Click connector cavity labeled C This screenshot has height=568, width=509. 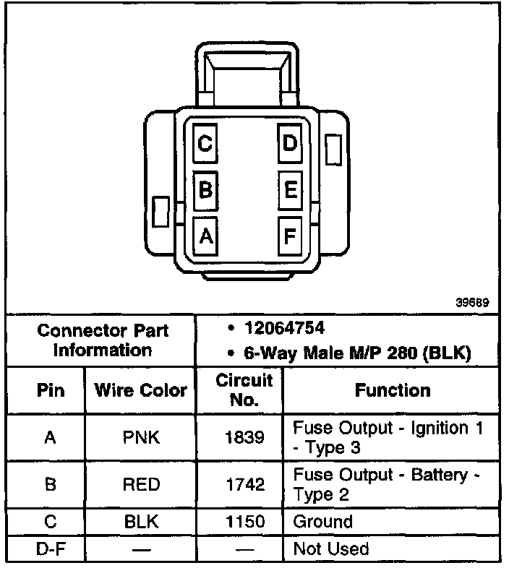coord(206,144)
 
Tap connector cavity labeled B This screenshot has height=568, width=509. coord(206,190)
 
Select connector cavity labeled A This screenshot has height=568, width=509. coord(206,236)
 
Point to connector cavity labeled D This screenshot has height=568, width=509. coord(290,144)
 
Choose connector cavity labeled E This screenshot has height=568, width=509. coord(290,190)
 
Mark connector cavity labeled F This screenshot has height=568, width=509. coord(290,236)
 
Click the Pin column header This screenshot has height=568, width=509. coord(51,390)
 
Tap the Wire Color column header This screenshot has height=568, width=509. coord(141,390)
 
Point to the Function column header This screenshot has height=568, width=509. coord(393,390)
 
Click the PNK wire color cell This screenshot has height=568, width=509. coord(141,437)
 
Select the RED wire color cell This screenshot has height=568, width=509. coord(141,484)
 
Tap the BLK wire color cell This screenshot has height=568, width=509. coord(141,522)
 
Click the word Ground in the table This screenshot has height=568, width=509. coord(323,522)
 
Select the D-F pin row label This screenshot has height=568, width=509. coord(51,548)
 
